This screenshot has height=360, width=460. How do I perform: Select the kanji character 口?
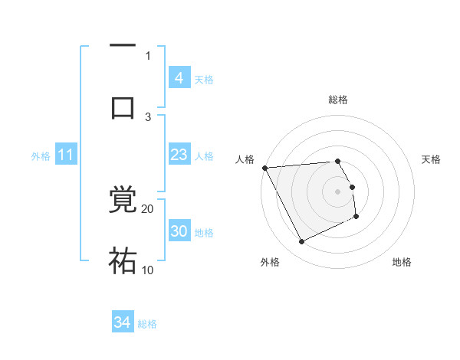tap(123, 106)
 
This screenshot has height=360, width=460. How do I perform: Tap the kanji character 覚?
tap(123, 201)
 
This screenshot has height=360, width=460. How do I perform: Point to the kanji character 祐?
tap(123, 260)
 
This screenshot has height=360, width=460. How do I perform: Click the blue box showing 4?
tap(179, 78)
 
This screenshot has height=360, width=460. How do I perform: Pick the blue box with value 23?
tap(179, 155)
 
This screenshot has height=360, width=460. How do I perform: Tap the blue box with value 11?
tap(65, 155)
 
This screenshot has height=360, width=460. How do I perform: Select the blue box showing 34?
tap(122, 323)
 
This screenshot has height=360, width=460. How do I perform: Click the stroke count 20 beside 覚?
tap(148, 208)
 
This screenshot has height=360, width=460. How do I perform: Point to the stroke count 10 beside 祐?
tap(148, 270)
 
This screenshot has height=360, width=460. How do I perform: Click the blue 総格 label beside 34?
tap(147, 324)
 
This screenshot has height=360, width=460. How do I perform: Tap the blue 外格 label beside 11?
tap(41, 156)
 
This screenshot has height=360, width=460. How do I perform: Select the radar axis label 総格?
tap(338, 100)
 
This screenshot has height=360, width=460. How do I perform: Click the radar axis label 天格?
tap(432, 159)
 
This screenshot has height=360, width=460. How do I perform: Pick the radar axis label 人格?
tap(245, 159)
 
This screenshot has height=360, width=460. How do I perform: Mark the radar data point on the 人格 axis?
tap(264, 168)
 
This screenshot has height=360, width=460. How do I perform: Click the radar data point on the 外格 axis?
tap(301, 242)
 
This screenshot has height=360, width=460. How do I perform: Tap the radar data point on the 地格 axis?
tap(356, 218)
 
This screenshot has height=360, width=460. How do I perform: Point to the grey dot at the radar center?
tap(338, 191)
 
